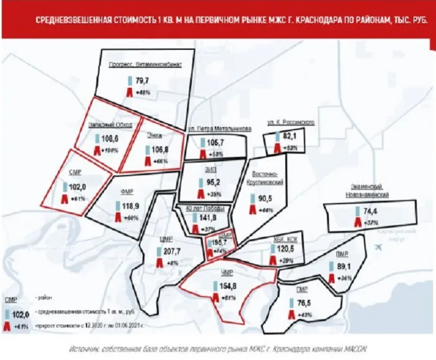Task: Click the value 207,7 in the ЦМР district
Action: click(170, 250)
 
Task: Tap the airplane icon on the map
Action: click(378, 247)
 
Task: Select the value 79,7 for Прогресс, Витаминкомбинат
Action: click(143, 80)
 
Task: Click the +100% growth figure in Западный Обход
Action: click(110, 151)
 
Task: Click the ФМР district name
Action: click(130, 192)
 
